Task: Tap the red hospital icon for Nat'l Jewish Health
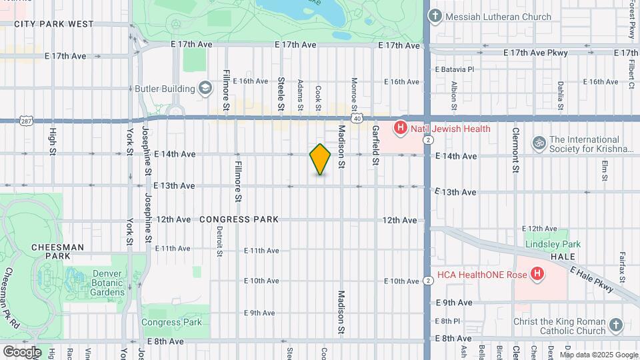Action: click(x=400, y=128)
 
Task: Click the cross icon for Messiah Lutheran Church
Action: click(x=435, y=16)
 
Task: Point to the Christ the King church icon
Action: click(x=615, y=325)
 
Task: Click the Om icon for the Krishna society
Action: click(x=539, y=143)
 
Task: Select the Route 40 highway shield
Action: click(x=358, y=119)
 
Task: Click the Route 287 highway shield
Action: click(x=25, y=121)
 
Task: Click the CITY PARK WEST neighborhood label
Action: click(x=54, y=24)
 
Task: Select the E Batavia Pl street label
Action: click(x=454, y=69)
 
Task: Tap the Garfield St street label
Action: click(x=375, y=145)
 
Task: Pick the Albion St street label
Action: click(x=454, y=95)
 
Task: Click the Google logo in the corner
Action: click(x=22, y=351)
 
